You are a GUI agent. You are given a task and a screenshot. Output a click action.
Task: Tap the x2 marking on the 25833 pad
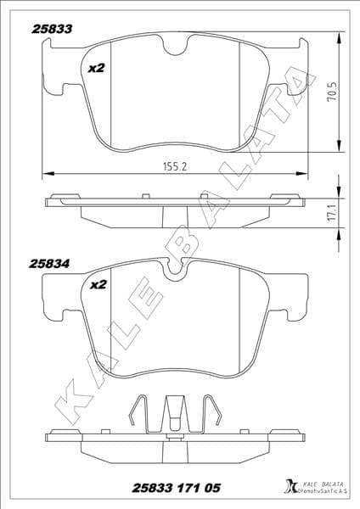tap(97, 67)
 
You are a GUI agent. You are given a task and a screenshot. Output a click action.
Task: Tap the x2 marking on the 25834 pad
tap(97, 285)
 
